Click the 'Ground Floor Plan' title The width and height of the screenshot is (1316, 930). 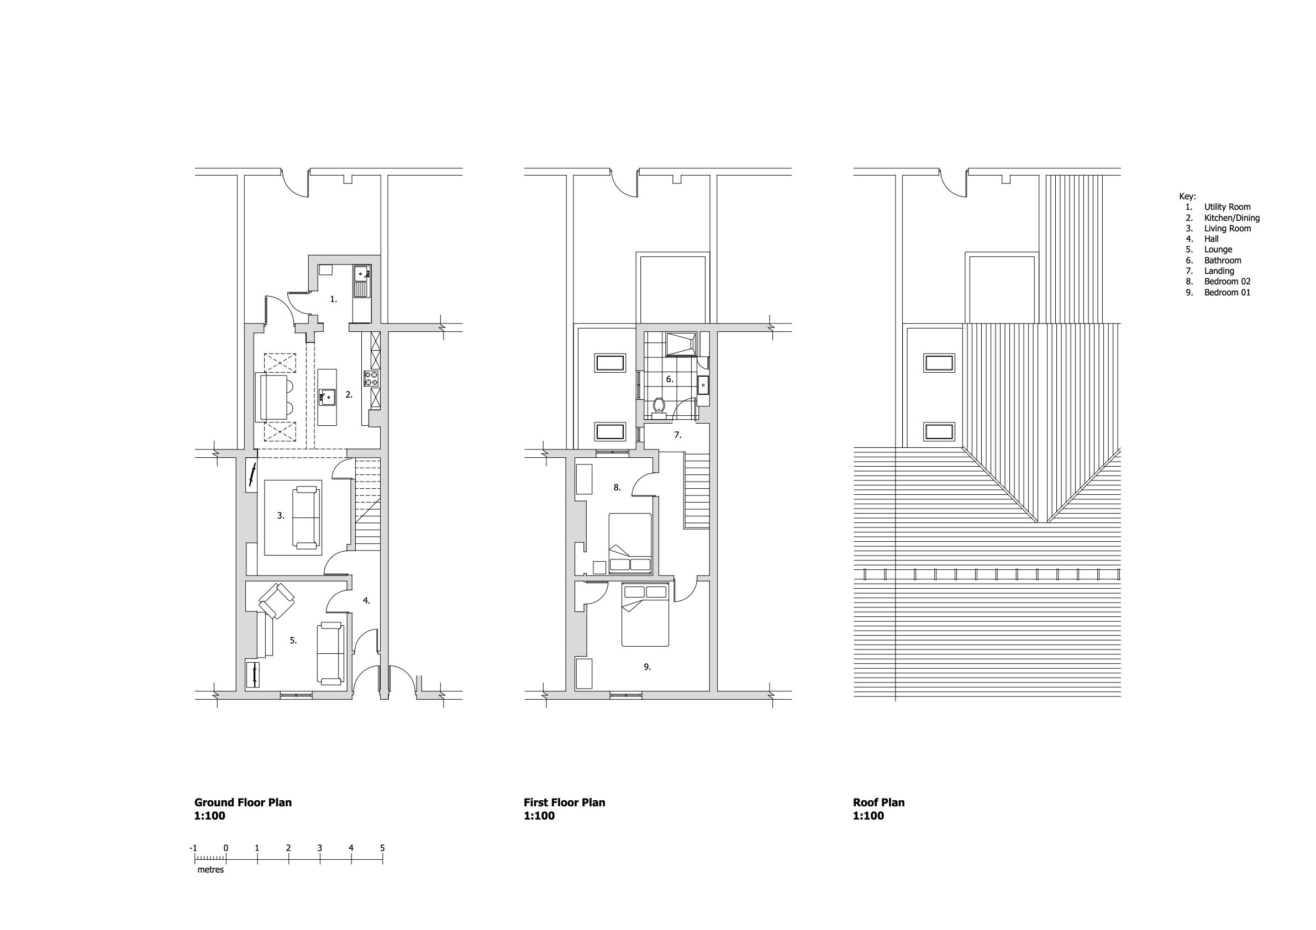coord(243,802)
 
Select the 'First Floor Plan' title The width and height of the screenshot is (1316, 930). coord(565,802)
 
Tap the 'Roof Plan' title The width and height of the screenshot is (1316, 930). coord(878,802)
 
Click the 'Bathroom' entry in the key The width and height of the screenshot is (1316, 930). coord(1223,260)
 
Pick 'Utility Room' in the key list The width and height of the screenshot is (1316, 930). coord(1227,207)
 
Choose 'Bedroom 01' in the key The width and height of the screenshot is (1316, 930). coord(1227,292)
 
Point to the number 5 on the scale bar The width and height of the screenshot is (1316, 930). coord(382,848)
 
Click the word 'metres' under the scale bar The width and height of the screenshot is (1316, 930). coord(210,870)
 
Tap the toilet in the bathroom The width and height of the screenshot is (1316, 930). coord(659,408)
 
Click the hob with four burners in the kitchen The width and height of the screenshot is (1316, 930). coord(371,379)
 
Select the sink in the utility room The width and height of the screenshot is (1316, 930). coord(361,281)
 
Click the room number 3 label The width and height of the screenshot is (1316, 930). coord(281,516)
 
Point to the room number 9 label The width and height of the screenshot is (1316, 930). coord(647,667)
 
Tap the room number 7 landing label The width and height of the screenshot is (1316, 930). coord(677,436)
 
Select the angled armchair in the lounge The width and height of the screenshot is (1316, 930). coord(277,601)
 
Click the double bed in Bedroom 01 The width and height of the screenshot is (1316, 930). coord(645,615)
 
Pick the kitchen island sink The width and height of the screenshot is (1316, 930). coord(327,397)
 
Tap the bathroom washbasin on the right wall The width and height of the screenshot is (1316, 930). coord(703,385)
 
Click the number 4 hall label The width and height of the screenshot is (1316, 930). coord(366,601)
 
